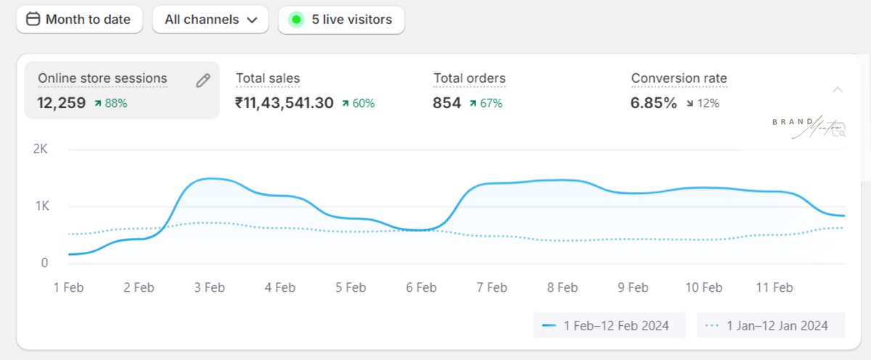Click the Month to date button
(x=79, y=20)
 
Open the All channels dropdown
(x=210, y=20)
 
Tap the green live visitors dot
(x=295, y=20)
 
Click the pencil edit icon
(x=203, y=81)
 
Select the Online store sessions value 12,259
(x=62, y=103)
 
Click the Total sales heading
(x=268, y=78)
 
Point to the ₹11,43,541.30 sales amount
(x=285, y=103)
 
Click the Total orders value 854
(x=446, y=103)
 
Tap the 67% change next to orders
(x=486, y=103)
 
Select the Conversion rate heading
(x=679, y=78)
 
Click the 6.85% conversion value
(x=654, y=103)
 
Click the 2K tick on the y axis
(x=40, y=150)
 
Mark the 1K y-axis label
(x=40, y=206)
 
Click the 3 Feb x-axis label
(x=209, y=287)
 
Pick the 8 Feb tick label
(x=562, y=287)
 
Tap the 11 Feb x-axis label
(x=774, y=287)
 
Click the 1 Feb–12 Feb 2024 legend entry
(x=610, y=325)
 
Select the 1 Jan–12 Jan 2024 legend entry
(x=771, y=325)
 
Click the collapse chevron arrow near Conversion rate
(x=838, y=90)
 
